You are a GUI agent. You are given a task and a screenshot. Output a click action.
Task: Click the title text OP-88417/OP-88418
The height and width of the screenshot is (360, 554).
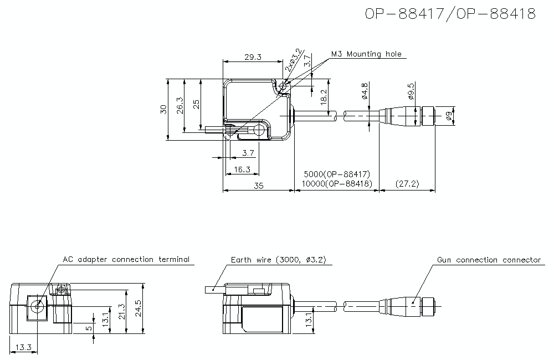click(450, 14)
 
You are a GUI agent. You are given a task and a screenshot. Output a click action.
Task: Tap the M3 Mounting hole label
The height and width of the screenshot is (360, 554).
click(366, 54)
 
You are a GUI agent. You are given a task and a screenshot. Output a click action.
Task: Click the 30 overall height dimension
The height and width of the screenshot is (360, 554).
click(163, 109)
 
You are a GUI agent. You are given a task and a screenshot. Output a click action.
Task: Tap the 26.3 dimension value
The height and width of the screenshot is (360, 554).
click(179, 105)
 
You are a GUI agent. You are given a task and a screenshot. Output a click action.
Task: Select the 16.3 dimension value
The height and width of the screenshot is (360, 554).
click(242, 169)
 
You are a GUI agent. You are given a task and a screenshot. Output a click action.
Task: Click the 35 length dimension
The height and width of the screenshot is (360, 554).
click(258, 186)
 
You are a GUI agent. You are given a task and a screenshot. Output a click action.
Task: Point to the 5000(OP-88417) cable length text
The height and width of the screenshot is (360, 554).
click(336, 174)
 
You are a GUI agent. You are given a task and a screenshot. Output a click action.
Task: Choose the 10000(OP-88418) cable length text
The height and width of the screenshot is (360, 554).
click(336, 183)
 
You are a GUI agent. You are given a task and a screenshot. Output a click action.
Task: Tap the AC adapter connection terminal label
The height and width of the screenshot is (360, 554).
click(126, 259)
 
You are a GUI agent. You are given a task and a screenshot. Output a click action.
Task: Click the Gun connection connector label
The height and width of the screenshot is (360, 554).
click(489, 260)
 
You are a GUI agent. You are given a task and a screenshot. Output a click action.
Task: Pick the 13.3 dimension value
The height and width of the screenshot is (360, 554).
click(23, 347)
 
